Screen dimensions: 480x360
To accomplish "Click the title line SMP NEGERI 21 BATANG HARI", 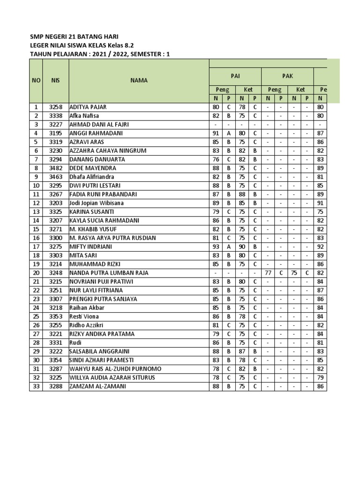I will [x=77, y=37].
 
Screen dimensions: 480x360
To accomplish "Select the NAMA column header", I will [x=139, y=80].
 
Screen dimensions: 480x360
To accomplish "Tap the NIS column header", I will [x=56, y=80].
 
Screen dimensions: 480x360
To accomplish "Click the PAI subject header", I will [x=235, y=75].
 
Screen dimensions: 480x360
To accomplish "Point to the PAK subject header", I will [x=287, y=75].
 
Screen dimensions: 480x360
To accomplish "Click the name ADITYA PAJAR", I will [x=88, y=107].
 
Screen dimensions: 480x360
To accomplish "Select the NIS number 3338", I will [x=56, y=116].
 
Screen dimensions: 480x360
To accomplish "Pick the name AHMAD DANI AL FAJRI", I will [x=99, y=125].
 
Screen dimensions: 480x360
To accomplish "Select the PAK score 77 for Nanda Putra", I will [x=268, y=273].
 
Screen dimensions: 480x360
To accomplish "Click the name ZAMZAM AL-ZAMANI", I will [x=97, y=387].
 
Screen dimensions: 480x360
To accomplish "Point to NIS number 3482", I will [x=56, y=168].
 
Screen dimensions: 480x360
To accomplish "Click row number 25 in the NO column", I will [x=36, y=317].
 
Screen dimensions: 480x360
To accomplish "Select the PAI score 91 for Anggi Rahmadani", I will [x=216, y=134].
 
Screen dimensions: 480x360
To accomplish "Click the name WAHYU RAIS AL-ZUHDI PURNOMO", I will [x=115, y=369].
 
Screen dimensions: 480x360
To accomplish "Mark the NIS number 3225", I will [x=56, y=378].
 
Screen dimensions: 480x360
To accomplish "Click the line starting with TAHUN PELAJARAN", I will [x=100, y=54].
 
